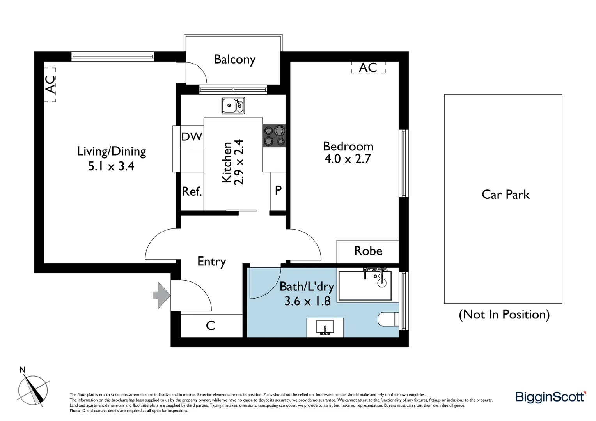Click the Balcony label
(x=234, y=60)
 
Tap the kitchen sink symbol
(x=233, y=106)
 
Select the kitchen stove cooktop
(x=274, y=135)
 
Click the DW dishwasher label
(x=192, y=136)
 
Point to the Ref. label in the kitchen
(x=192, y=191)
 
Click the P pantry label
(x=278, y=190)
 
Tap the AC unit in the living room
(x=50, y=85)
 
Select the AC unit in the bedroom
(x=368, y=67)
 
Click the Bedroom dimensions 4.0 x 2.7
(x=348, y=159)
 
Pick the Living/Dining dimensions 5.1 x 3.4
(x=111, y=166)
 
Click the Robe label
(x=368, y=251)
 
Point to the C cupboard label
(x=210, y=325)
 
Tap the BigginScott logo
(x=550, y=397)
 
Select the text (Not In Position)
(x=504, y=314)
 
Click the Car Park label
(x=506, y=195)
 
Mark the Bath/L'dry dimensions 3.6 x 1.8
(x=307, y=301)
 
